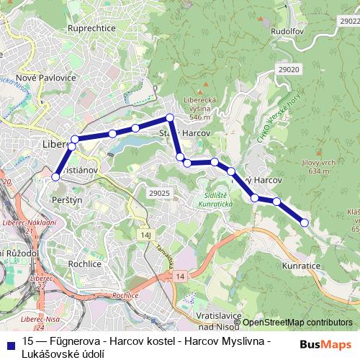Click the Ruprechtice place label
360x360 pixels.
tap(91, 28)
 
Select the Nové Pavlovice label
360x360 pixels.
tap(45, 78)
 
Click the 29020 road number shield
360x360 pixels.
tap(286, 70)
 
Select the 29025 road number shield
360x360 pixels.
tap(158, 193)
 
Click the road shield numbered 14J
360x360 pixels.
tap(147, 235)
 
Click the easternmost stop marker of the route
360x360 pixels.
tap(304, 223)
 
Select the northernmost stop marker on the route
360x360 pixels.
tap(170, 117)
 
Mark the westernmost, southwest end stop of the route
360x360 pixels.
tap(55, 176)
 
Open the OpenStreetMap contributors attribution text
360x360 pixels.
tap(297, 323)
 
